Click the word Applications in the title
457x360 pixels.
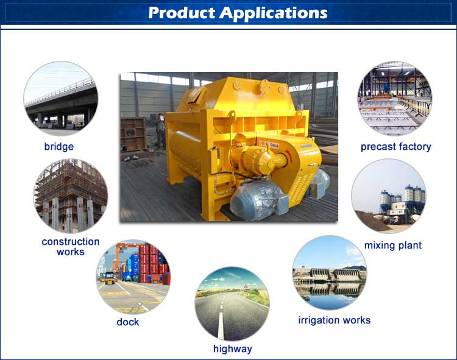point(274,13)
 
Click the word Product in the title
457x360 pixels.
point(182,13)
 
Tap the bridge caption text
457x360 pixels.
point(59,146)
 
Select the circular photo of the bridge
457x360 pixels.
point(60,98)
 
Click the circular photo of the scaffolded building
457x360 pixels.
point(71,196)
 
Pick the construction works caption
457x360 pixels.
point(71,247)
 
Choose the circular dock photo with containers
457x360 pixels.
point(133,277)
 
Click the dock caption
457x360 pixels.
point(128,322)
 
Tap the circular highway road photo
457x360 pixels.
point(232,304)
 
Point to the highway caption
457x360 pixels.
point(233,349)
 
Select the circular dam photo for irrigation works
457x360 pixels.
point(330,272)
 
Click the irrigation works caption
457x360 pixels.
point(335,320)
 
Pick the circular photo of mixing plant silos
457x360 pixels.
point(389,196)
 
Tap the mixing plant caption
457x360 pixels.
point(393,245)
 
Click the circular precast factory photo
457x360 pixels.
point(395,98)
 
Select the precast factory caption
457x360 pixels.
point(396,147)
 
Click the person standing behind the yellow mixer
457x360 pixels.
point(161,130)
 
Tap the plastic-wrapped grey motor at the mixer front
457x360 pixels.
point(258,200)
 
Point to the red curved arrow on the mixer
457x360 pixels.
point(288,157)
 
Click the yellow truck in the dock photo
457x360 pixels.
point(109,278)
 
